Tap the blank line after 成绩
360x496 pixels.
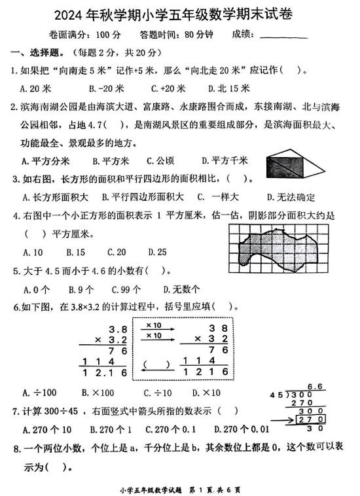coord(283,37)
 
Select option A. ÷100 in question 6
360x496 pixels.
coord(37,393)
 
